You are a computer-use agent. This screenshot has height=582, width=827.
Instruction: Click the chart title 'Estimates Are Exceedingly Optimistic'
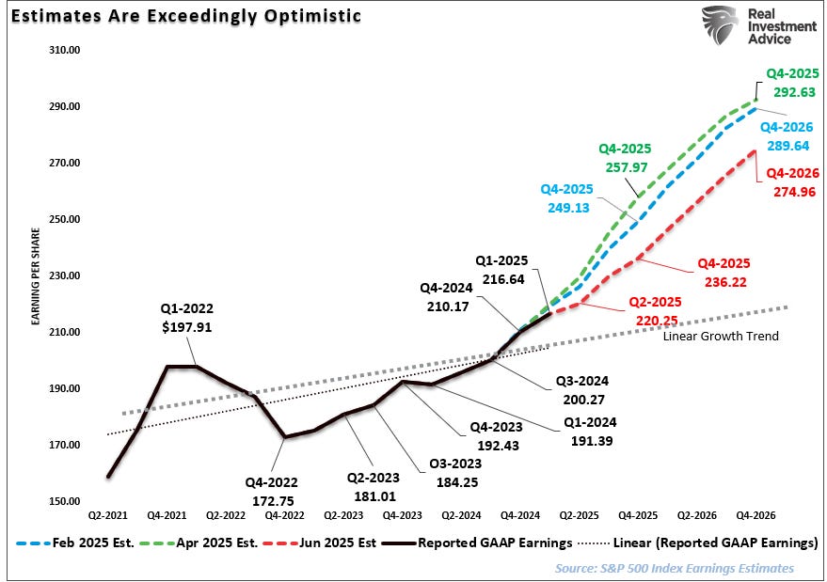(183, 17)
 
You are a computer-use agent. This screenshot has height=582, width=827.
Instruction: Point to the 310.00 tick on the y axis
(63, 50)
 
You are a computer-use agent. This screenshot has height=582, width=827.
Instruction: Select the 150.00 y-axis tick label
(63, 501)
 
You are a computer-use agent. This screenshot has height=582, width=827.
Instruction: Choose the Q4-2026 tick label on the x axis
(755, 516)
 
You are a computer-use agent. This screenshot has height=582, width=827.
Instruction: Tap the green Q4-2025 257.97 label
(625, 157)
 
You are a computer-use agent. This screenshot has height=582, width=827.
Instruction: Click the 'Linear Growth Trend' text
(721, 336)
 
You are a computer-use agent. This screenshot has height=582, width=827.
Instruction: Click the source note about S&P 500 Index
(674, 568)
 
